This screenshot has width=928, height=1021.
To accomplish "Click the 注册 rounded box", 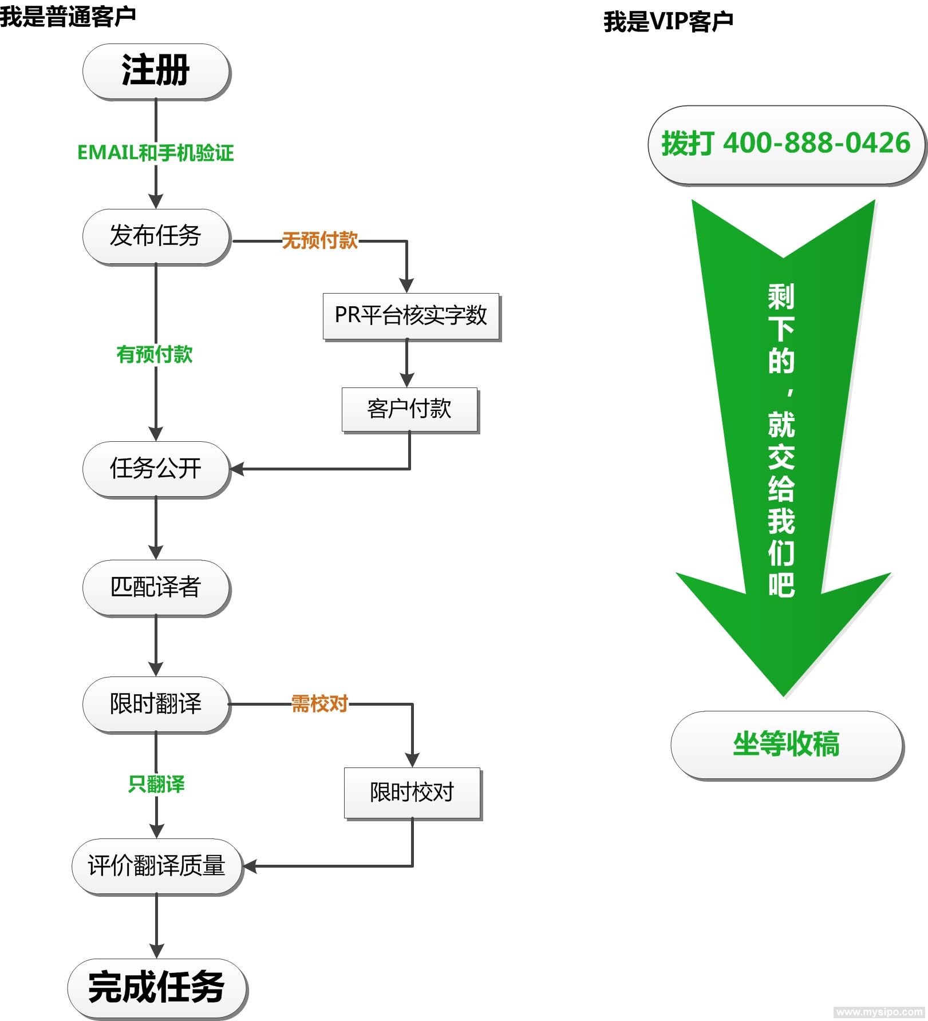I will [156, 71].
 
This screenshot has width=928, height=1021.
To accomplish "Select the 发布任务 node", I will [156, 236].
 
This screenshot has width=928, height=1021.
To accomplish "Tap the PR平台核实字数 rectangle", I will [410, 316].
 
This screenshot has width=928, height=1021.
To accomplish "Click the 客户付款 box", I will [409, 409].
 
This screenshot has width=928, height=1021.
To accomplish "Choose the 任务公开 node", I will [156, 469].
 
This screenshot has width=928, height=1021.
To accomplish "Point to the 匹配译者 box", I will [156, 587].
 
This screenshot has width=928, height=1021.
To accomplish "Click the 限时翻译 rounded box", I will [156, 704].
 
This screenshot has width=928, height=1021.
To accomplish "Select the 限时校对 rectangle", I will [412, 793].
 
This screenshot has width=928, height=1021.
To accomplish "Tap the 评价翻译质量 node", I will [156, 866].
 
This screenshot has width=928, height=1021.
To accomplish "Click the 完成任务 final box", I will [156, 987].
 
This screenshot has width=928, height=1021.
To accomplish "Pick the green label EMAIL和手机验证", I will [156, 153].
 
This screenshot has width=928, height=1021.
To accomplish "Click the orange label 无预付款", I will [320, 241].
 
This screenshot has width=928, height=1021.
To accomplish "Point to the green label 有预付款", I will [155, 355].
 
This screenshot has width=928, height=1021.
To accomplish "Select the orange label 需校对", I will [320, 704].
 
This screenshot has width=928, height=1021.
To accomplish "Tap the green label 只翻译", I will [156, 784].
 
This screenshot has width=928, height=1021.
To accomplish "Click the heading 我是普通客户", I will [68, 16].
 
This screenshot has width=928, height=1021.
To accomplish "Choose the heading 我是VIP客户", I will [668, 22].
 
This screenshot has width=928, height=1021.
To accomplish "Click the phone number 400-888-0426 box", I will [785, 144].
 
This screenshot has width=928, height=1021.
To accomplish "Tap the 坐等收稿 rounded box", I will [786, 745].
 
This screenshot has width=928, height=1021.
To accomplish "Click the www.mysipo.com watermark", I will [879, 1012].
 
